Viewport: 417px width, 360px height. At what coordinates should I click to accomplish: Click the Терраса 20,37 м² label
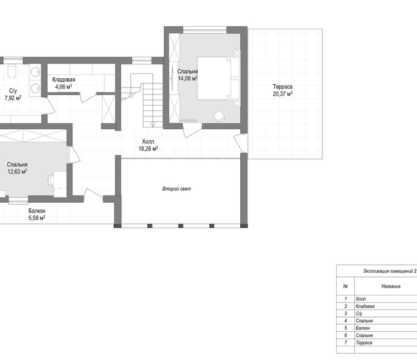tap(283, 90)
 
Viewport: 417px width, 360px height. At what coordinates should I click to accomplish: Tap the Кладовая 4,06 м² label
tap(63, 83)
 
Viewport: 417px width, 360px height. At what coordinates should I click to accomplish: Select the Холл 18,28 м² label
tap(148, 145)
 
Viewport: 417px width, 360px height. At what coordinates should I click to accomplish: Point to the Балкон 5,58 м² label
tap(37, 214)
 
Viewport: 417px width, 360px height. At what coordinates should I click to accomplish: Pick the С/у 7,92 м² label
tap(13, 95)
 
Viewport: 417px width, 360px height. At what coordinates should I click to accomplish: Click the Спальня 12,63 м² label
tap(17, 168)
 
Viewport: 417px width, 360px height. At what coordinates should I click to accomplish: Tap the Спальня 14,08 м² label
tap(187, 74)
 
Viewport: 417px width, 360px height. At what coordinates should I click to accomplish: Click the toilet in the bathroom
tap(11, 70)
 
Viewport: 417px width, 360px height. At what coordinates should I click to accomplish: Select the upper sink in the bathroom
tap(35, 72)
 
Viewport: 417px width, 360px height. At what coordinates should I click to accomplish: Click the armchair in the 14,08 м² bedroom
tap(219, 116)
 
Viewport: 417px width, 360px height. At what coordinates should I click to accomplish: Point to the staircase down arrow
tap(153, 124)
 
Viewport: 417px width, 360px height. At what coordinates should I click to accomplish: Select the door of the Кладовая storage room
tap(89, 98)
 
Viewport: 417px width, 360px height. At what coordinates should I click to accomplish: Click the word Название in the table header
tap(391, 286)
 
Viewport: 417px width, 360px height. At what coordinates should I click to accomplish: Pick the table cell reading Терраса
tap(363, 342)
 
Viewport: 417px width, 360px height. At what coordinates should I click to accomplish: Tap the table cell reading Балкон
tap(363, 328)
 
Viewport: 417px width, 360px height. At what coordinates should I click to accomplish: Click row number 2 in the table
tap(345, 306)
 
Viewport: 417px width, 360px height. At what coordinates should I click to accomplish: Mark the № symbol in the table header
tap(345, 286)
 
